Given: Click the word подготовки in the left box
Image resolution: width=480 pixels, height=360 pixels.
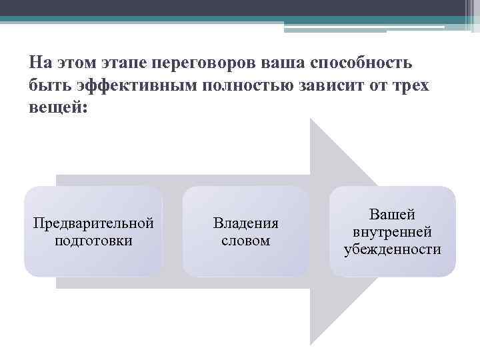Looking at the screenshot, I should click(x=93, y=240).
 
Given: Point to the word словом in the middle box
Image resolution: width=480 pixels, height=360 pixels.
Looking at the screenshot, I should click(x=245, y=240).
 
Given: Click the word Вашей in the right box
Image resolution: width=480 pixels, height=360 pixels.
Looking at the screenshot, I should click(x=393, y=215).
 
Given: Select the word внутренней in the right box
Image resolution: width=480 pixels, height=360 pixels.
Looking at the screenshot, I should click(x=393, y=232).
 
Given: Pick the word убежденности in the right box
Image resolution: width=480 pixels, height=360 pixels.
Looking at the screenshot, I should click(x=393, y=249).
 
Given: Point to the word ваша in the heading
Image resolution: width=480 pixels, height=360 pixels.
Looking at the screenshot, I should click(x=281, y=63).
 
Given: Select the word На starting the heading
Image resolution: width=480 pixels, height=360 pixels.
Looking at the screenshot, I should click(x=39, y=63).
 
